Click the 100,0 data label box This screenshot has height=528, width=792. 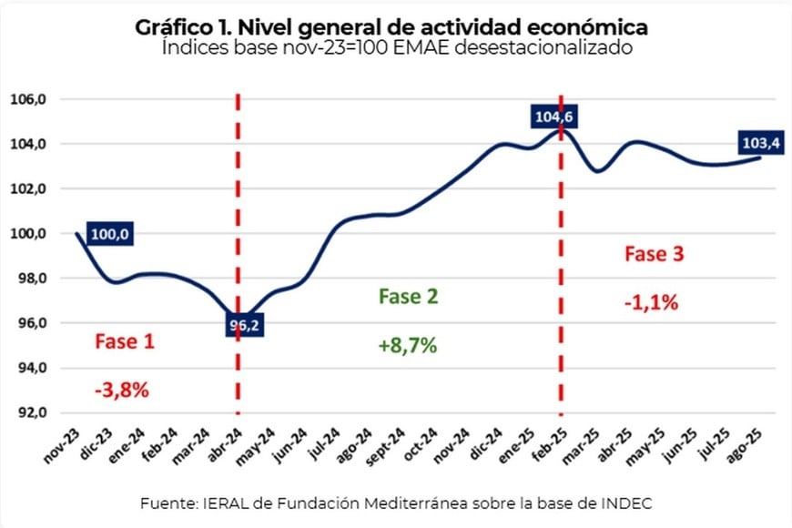coord(111,235)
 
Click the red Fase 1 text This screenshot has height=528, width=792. coord(125,341)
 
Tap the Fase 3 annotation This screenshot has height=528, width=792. coord(654,254)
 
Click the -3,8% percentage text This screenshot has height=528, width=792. coord(121,390)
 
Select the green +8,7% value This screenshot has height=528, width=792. coord(407,346)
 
